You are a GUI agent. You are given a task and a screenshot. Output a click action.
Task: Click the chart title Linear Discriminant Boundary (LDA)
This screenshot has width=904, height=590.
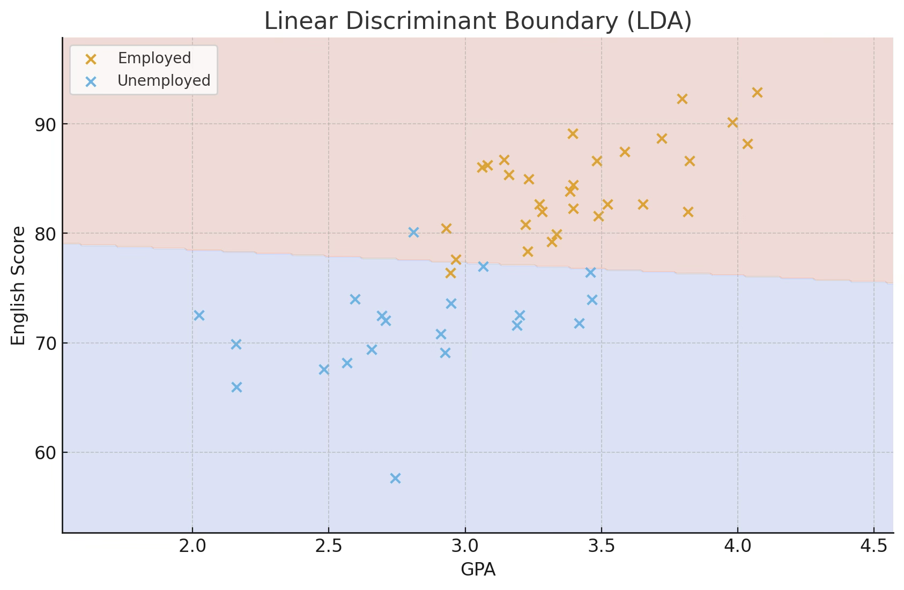point(478,21)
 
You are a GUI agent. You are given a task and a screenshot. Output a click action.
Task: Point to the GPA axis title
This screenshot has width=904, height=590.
point(478,570)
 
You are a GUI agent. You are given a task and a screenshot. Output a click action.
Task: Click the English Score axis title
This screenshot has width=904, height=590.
point(18,286)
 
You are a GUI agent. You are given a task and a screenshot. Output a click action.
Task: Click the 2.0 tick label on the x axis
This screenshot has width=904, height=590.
point(192,548)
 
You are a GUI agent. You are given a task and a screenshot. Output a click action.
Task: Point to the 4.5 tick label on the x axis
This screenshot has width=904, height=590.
point(873,548)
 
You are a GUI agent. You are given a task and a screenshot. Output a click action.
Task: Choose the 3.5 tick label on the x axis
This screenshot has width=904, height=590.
point(601,548)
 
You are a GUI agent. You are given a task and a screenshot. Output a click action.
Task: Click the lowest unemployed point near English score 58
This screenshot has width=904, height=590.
point(395,478)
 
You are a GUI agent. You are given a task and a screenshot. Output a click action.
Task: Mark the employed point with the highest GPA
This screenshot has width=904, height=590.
point(757,93)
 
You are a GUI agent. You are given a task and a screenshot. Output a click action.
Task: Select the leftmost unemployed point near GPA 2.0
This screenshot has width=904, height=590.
point(199,315)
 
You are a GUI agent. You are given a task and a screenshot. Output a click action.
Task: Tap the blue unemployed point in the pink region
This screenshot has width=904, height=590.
point(413,232)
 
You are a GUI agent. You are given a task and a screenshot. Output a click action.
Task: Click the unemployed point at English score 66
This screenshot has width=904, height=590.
point(236,387)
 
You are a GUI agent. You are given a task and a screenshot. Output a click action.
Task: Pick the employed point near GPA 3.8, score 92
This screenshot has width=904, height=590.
point(682,99)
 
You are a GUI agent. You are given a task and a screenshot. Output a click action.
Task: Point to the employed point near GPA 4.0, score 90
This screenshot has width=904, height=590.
point(732,123)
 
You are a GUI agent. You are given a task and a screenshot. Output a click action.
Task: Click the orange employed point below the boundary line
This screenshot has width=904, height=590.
point(450,273)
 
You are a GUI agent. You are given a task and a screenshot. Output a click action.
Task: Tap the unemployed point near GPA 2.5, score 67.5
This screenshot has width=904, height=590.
point(324,369)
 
